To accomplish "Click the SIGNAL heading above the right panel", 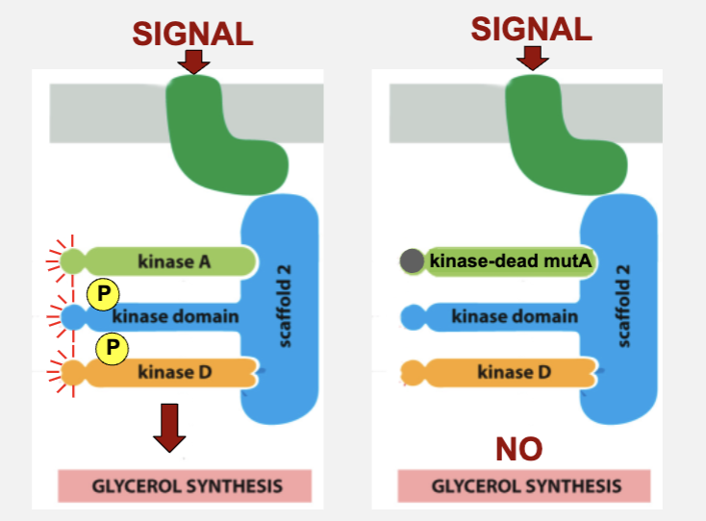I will (x=531, y=29).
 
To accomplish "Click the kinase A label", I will (x=174, y=260).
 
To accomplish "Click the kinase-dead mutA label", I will (x=510, y=260).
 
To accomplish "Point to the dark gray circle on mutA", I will (x=412, y=260).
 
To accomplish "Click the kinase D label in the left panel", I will (x=174, y=372).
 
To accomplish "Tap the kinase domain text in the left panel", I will (x=175, y=316).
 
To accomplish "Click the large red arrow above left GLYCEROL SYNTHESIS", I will (x=170, y=428).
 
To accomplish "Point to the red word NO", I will (x=518, y=448).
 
